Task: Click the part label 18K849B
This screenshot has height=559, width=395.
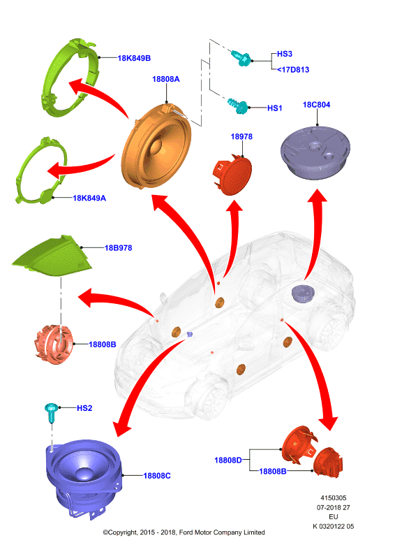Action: tap(134, 58)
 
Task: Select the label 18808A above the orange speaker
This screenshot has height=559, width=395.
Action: tap(166, 79)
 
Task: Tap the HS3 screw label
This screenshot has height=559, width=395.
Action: tap(285, 54)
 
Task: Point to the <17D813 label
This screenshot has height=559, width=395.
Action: tap(293, 70)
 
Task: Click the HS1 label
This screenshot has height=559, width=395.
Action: tap(274, 108)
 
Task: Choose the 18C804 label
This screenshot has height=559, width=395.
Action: tap(316, 105)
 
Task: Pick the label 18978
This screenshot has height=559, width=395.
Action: tap(241, 136)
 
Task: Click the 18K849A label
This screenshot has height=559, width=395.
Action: tap(89, 198)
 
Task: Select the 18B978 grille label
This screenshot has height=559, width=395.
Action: tap(118, 248)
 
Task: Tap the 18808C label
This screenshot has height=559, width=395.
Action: tap(157, 476)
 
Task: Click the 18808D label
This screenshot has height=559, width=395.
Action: tap(228, 460)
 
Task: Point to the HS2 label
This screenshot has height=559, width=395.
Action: tap(84, 408)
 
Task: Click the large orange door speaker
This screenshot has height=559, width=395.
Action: tap(156, 145)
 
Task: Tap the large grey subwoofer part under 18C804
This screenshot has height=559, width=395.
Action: tap(315, 152)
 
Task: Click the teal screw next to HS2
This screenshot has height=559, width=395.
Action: tap(51, 412)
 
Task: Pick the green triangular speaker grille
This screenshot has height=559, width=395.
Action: tap(52, 255)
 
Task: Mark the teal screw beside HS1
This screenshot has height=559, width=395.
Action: tap(238, 106)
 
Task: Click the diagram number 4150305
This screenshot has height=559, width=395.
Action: tap(334, 498)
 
